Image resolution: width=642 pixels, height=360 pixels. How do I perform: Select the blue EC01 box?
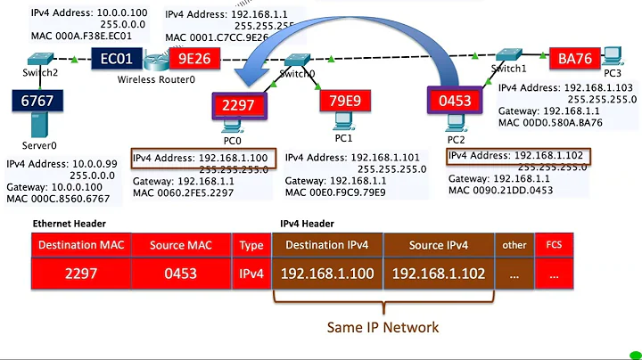pos(117,60)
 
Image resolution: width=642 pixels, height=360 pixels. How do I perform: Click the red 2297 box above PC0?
pos(238,105)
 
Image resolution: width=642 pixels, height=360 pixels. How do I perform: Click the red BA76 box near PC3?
pos(577,59)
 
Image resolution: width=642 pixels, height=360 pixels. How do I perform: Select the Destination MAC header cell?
pos(75,244)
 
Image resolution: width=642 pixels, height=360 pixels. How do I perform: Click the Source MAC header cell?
pos(181,244)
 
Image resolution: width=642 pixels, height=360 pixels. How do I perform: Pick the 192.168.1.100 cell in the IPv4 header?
pos(327,274)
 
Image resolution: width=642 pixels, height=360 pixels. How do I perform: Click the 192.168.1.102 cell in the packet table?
pos(438,274)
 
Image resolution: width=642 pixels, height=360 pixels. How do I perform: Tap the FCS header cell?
pos(555,244)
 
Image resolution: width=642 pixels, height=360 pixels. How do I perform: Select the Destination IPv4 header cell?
pos(327,244)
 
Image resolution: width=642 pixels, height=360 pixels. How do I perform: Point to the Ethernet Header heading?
pos(70,224)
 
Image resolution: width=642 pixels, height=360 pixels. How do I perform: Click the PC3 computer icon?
pos(612,56)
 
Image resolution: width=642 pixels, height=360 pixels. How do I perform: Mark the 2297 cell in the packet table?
pos(75,274)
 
